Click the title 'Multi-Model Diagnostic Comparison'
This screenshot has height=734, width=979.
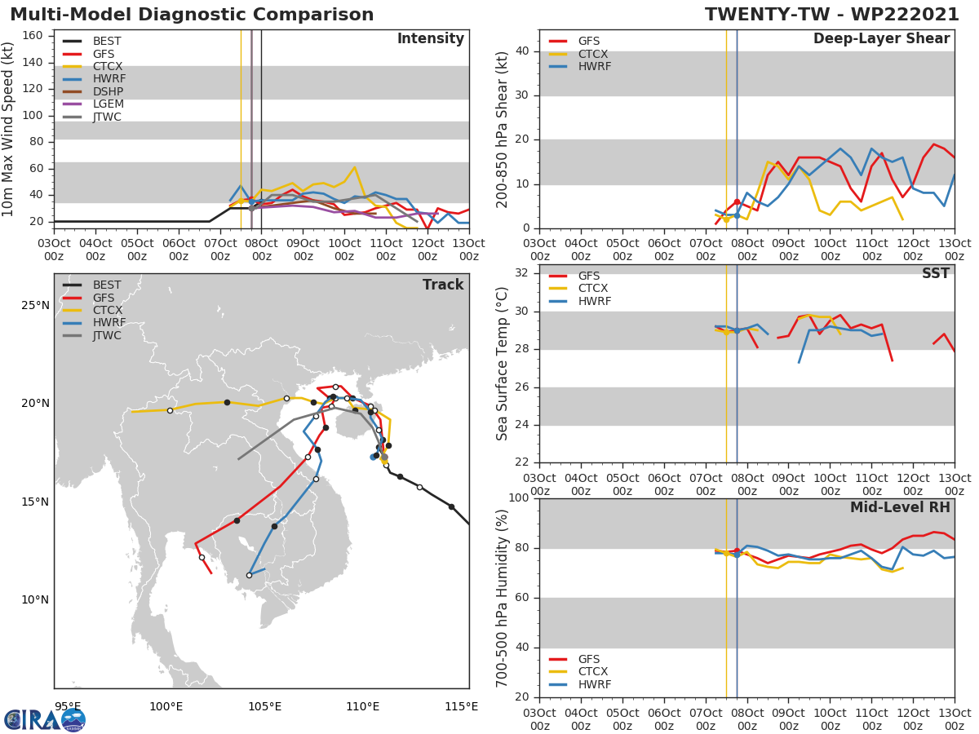coord(192,15)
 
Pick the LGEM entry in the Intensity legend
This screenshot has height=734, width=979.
coord(109,104)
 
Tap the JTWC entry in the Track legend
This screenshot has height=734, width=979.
coord(107,336)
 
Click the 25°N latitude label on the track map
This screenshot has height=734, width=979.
coord(35,306)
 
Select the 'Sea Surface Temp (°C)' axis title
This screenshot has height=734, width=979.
coord(503,364)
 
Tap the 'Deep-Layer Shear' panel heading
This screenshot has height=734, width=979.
coord(881,39)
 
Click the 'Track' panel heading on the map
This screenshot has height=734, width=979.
coord(443,285)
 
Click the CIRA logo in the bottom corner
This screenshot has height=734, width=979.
coord(45,719)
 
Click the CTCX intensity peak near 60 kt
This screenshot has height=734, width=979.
coord(354,167)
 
